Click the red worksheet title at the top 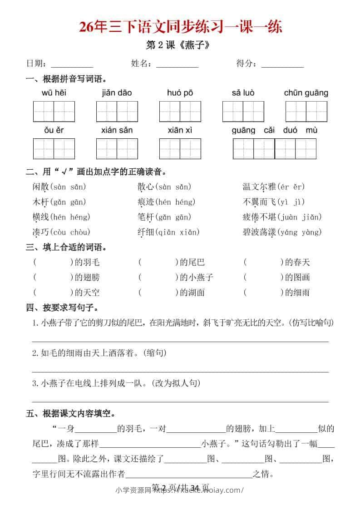[x=180, y=27]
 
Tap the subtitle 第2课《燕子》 [x=179, y=46]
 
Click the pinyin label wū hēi [x=54, y=93]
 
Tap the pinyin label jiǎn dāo [x=117, y=93]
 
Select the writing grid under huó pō [x=180, y=111]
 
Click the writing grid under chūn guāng [x=306, y=111]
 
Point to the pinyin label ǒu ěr [x=54, y=130]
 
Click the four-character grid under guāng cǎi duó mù [x=274, y=149]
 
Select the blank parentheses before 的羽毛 [x=53, y=262]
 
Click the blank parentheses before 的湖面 [x=158, y=292]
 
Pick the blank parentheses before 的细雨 [x=263, y=292]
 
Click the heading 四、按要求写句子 [x=63, y=308]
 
